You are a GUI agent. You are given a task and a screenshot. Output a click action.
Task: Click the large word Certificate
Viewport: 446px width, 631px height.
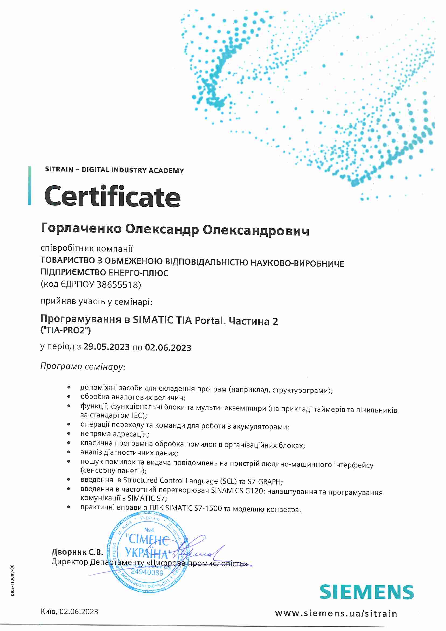tap(112, 196)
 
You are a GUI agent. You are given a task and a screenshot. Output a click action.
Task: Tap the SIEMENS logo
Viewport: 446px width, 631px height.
tap(366, 592)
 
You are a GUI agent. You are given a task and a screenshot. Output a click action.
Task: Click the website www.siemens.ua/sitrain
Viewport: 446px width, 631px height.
tap(336, 613)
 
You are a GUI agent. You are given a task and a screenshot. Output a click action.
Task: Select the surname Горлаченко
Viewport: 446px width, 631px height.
tap(81, 228)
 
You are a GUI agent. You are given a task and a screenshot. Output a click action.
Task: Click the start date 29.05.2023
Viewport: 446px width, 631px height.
tap(106, 347)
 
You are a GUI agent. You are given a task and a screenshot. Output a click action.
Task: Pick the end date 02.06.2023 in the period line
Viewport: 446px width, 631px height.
tap(168, 348)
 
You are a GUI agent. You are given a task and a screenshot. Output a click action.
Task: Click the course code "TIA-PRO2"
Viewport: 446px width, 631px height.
tap(66, 330)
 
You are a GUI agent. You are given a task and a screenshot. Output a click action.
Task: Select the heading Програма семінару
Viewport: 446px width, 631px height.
tap(83, 366)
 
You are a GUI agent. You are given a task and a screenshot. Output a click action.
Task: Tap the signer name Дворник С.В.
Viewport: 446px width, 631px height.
tap(77, 552)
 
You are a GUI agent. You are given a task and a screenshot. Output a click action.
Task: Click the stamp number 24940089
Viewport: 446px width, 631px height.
tap(147, 572)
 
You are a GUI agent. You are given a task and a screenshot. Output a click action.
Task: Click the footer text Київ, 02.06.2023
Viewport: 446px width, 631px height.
tap(69, 612)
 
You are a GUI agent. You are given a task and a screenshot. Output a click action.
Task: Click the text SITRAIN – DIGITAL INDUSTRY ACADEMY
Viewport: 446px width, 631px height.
tap(114, 170)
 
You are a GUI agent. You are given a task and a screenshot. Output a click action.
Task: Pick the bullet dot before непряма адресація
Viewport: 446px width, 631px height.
tap(69, 434)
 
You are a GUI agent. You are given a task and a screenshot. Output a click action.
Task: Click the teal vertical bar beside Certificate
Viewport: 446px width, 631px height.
tap(30, 186)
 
